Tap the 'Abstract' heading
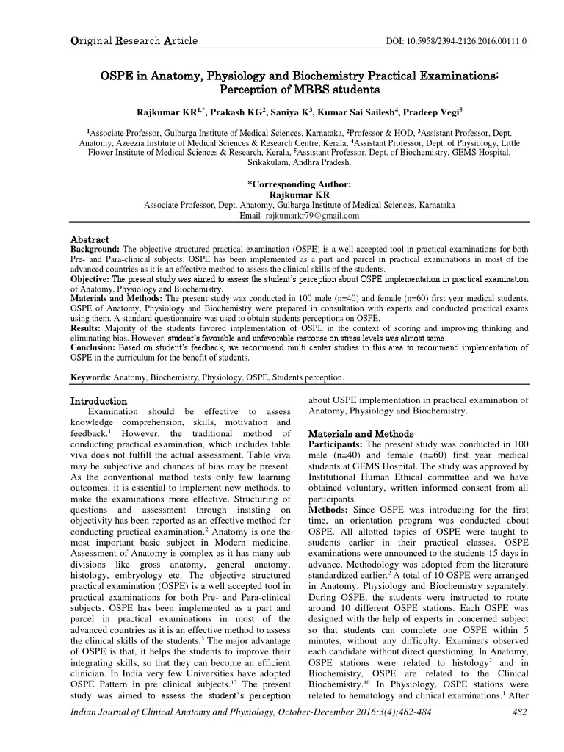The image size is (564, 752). tap(89, 240)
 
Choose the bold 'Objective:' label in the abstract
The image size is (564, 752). tap(92, 280)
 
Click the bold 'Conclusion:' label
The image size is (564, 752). tap(94, 348)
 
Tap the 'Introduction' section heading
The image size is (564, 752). tap(98, 402)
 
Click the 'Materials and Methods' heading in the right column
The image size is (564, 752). tap(361, 433)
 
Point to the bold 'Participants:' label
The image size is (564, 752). tap(336, 445)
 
